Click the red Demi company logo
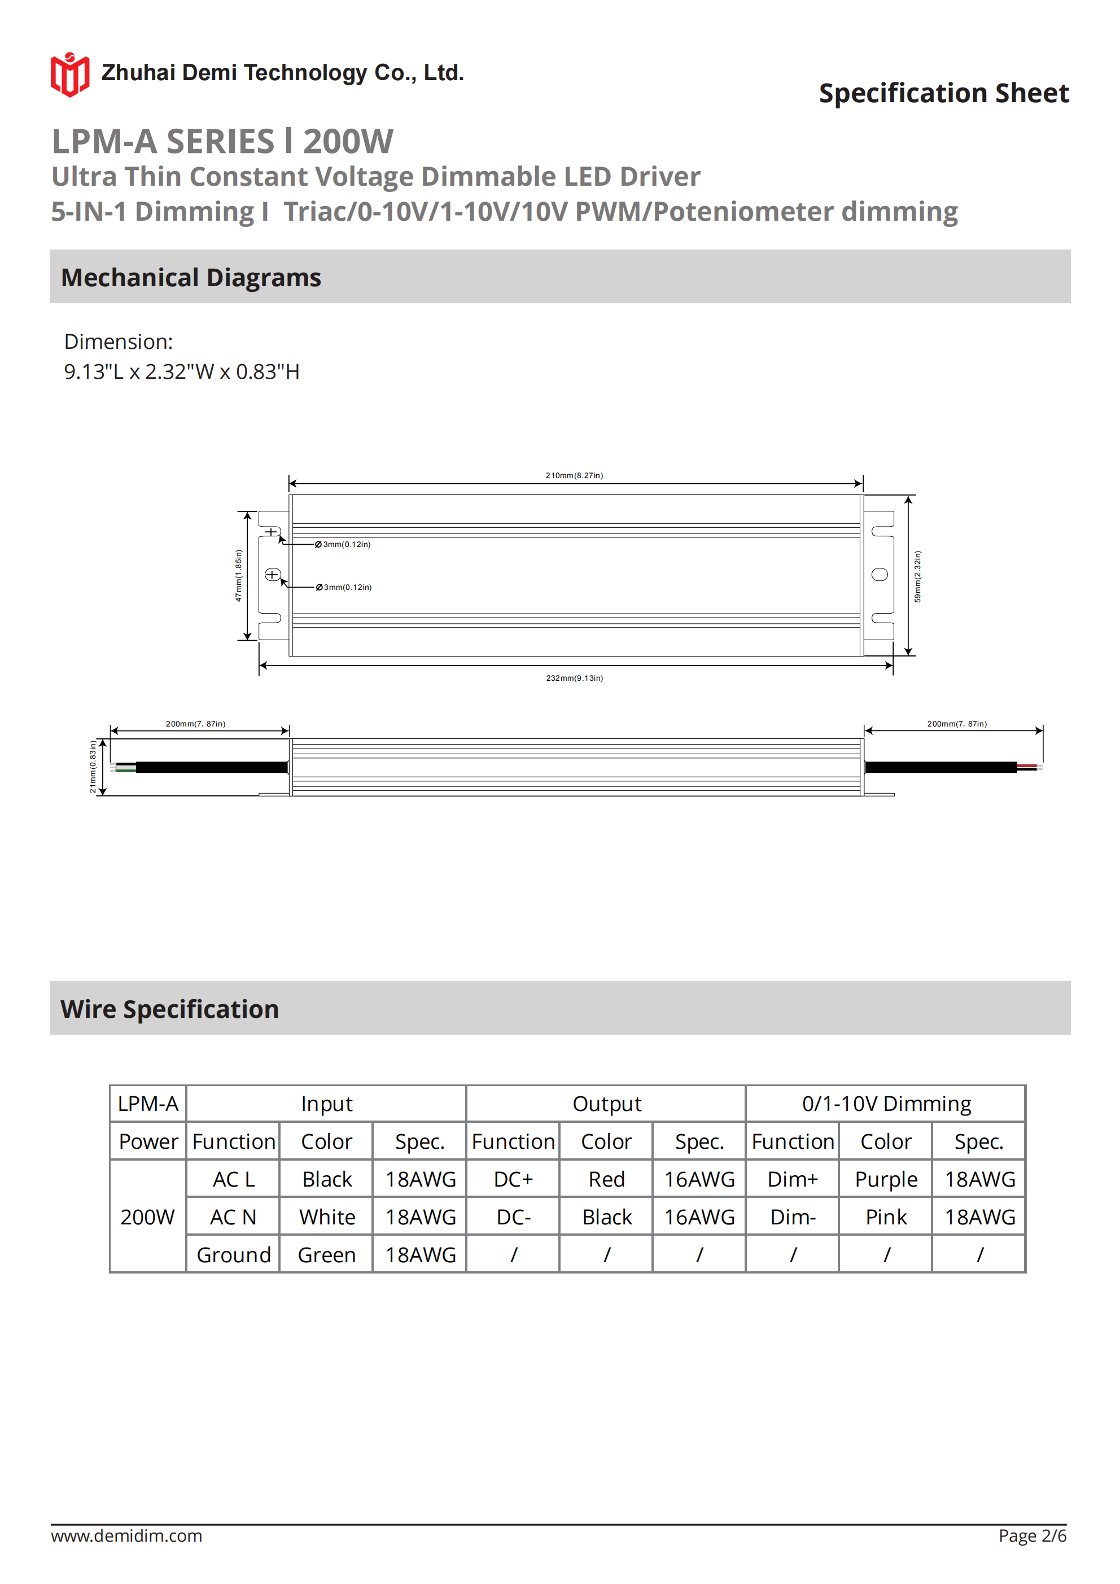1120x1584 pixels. pos(69,75)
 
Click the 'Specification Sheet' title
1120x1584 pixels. pos(943,93)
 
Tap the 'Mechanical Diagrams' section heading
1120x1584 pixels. pos(191,277)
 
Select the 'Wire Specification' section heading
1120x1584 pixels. pos(170,1009)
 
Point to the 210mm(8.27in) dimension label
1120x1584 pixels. pos(574,475)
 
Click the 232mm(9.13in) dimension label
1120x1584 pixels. pos(574,678)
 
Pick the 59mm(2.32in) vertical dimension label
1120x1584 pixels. pos(917,576)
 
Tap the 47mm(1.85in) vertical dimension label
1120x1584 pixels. pos(239,575)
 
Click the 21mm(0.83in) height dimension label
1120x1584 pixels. pos(93,767)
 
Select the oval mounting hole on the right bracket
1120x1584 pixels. pos(880,575)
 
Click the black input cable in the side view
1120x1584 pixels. pos(211,767)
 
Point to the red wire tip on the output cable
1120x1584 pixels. pos(1027,766)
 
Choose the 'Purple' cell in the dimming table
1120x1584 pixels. pos(886,1180)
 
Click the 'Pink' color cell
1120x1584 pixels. pos(886,1217)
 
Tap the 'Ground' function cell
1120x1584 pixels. pos(233,1255)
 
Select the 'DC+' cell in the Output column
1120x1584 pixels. pos(513,1180)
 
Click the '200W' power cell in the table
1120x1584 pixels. pos(148,1217)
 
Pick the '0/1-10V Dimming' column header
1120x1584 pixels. pos(886,1104)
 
